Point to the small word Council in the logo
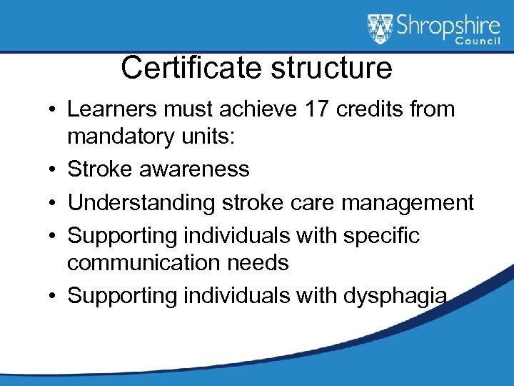479,42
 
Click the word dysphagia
390,295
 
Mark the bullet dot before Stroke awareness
54,170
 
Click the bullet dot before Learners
54,110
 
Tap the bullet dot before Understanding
54,203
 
